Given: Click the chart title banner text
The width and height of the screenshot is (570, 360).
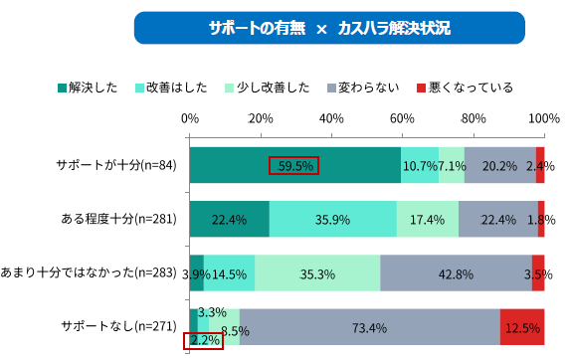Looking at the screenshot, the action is click(329, 28).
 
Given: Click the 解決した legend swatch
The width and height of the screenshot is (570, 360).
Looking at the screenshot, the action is click(62, 88).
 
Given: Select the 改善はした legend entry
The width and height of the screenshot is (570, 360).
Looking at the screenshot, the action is click(171, 88).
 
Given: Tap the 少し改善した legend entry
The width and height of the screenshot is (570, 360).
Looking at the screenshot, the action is click(268, 88).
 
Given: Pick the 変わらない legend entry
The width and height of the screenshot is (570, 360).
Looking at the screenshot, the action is click(363, 88).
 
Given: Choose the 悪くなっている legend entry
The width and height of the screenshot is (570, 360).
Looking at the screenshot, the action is click(465, 88).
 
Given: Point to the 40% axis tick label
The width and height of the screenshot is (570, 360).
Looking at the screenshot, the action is click(331, 118).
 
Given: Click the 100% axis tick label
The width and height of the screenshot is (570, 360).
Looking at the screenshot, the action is click(544, 118).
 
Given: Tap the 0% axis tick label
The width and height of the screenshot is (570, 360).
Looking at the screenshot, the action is click(190, 118).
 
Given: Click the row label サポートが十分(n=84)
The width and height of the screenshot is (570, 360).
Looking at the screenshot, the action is click(116, 165).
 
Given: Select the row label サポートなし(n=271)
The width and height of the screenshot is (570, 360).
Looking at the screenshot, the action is click(118, 326).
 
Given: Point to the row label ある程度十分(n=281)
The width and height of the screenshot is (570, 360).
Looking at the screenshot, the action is click(118, 219).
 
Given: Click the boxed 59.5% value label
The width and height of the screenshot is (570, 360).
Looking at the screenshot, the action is click(294, 166).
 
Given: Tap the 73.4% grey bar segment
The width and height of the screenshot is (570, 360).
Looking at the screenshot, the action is click(370, 327).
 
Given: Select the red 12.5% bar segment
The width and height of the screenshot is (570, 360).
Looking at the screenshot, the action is click(522, 327).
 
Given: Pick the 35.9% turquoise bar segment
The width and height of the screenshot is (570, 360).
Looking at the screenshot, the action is click(333, 219).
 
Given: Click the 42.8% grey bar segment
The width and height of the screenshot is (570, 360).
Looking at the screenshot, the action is click(456, 273).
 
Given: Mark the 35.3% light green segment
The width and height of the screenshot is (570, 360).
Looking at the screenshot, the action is click(317, 273).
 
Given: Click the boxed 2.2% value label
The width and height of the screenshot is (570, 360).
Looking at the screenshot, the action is click(203, 341).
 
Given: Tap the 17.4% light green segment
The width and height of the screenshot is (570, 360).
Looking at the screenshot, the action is click(428, 219).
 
